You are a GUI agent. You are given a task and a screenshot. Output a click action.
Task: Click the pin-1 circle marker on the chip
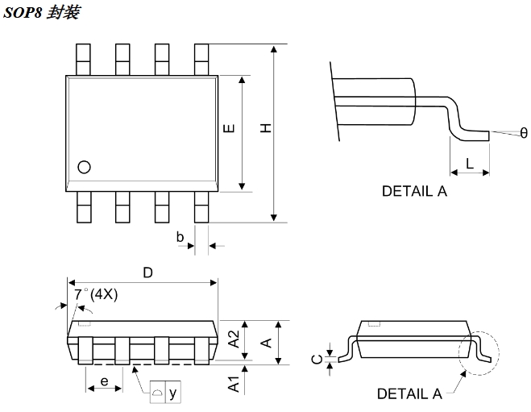84,167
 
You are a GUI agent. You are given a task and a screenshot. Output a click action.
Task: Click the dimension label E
229,129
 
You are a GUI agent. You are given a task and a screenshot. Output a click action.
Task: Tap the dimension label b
180,237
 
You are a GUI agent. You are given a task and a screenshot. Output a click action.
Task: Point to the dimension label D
147,273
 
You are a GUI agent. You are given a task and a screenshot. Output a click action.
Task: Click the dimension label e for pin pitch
104,381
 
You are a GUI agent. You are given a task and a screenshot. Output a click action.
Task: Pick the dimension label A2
234,339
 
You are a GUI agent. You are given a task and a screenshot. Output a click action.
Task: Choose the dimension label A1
234,385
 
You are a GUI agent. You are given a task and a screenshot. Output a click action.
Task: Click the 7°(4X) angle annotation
96,295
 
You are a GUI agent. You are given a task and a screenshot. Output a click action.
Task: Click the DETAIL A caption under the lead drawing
414,191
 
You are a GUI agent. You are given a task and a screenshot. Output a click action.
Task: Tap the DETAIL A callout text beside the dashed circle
409,393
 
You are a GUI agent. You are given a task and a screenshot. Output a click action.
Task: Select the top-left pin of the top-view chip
83,59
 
